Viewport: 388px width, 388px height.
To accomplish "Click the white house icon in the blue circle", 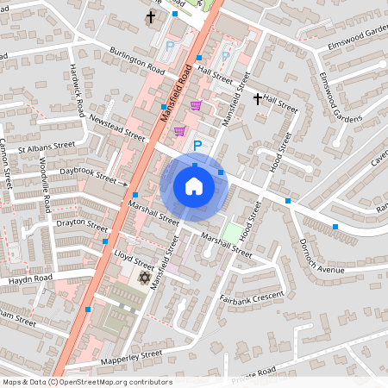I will (x=194, y=185).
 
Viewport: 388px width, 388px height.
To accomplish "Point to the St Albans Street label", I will (x=53, y=148).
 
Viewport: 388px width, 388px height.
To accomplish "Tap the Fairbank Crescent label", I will (x=251, y=297).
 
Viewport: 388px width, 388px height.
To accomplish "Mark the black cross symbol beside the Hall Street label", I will (x=257, y=100).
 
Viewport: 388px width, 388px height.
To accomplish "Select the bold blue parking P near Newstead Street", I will (x=197, y=147).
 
